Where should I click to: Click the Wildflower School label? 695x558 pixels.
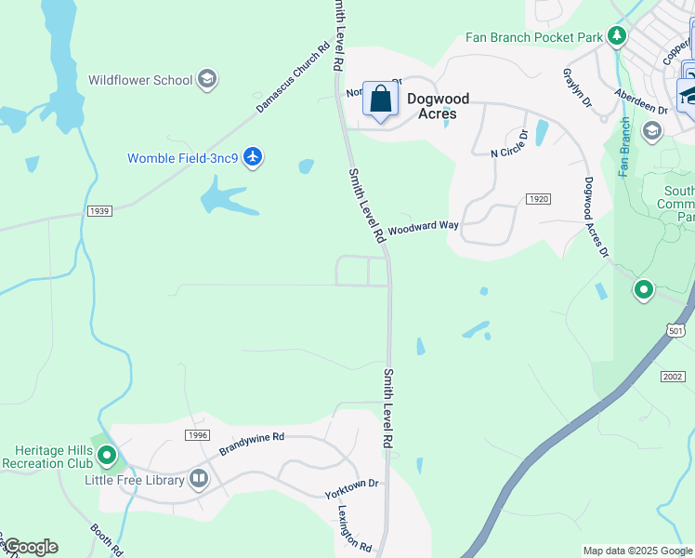coord(140,80)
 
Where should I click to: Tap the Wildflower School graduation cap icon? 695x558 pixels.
coord(208,80)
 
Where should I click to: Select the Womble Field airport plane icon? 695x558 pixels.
coord(253,157)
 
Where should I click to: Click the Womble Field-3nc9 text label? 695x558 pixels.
coord(183,158)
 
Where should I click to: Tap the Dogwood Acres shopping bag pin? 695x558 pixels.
coord(381,100)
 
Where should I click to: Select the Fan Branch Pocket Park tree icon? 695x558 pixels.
coord(617,36)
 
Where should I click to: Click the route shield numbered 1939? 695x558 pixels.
coord(100,211)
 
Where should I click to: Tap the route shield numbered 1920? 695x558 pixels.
coord(537,199)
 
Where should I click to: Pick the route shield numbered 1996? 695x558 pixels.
coord(197,435)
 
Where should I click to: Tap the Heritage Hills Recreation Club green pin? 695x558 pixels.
coord(107,456)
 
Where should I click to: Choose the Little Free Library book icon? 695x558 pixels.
coord(199,479)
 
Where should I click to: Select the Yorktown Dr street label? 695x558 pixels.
coord(352,489)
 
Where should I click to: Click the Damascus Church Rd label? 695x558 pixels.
coord(293,79)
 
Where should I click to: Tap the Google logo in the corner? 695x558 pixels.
coord(30,547)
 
